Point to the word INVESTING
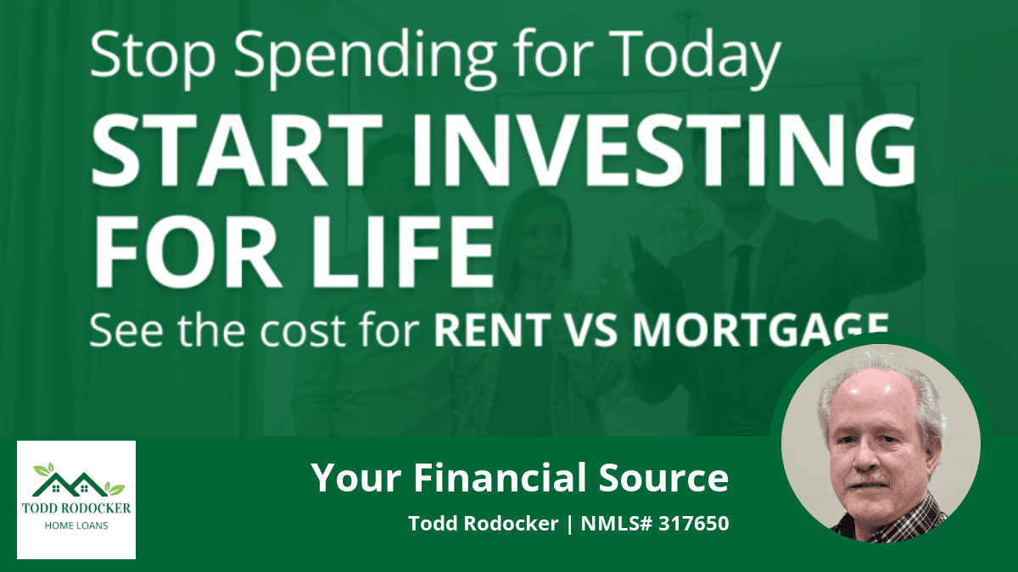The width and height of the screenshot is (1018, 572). [x=664, y=150]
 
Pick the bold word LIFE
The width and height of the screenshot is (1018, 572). [x=403, y=252]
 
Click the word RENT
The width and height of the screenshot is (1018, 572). [x=492, y=330]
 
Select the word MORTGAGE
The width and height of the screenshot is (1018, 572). [x=761, y=329]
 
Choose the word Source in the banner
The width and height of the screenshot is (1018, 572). [x=663, y=478]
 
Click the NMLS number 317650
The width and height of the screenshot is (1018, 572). [x=694, y=524]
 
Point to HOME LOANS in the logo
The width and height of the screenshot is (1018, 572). [x=76, y=525]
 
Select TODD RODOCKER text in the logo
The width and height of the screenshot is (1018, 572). [x=76, y=508]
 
